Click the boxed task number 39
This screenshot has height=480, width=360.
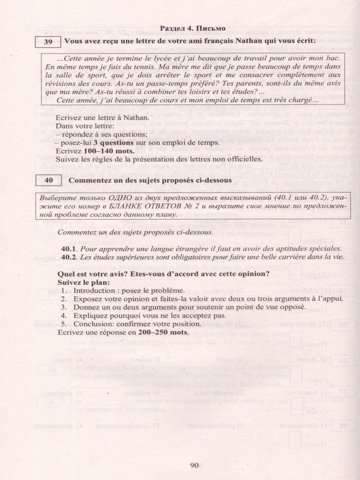coord(48,41)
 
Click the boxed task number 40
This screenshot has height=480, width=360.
coord(48,180)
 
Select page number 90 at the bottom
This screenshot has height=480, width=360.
coord(195,465)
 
